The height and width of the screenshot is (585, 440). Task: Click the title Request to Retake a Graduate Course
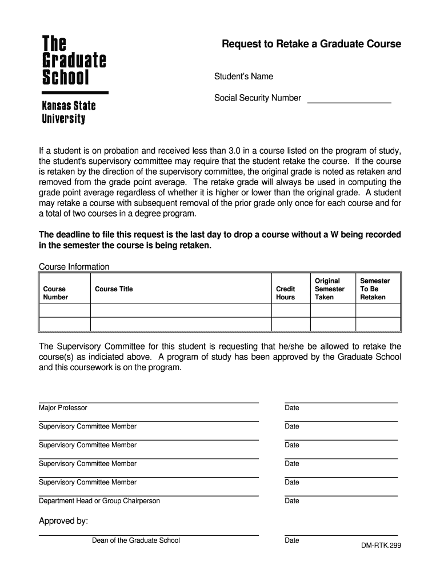point(311,44)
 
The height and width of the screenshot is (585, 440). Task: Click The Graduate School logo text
point(74,60)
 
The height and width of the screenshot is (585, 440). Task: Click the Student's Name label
point(243,77)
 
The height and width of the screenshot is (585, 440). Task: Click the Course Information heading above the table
point(74,267)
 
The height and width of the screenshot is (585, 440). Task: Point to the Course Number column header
point(55,293)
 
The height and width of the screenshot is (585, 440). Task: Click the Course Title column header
point(114,289)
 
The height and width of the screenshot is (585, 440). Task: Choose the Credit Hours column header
point(286,293)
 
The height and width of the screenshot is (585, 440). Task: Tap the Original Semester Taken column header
point(330,289)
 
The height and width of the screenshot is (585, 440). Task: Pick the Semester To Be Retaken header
point(375,289)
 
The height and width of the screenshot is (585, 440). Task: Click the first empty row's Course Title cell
point(180,310)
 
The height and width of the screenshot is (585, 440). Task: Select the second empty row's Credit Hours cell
point(290,324)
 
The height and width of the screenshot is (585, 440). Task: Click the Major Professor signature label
point(63,408)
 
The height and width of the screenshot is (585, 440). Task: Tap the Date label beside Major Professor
point(292,408)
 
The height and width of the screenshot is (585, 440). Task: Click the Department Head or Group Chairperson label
point(99,501)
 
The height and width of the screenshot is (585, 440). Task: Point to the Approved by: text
point(63,521)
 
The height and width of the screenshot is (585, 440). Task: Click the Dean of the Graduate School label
point(136,540)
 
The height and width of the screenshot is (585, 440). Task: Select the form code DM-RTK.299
point(381,546)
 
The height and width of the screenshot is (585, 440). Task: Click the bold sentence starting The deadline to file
point(219,240)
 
